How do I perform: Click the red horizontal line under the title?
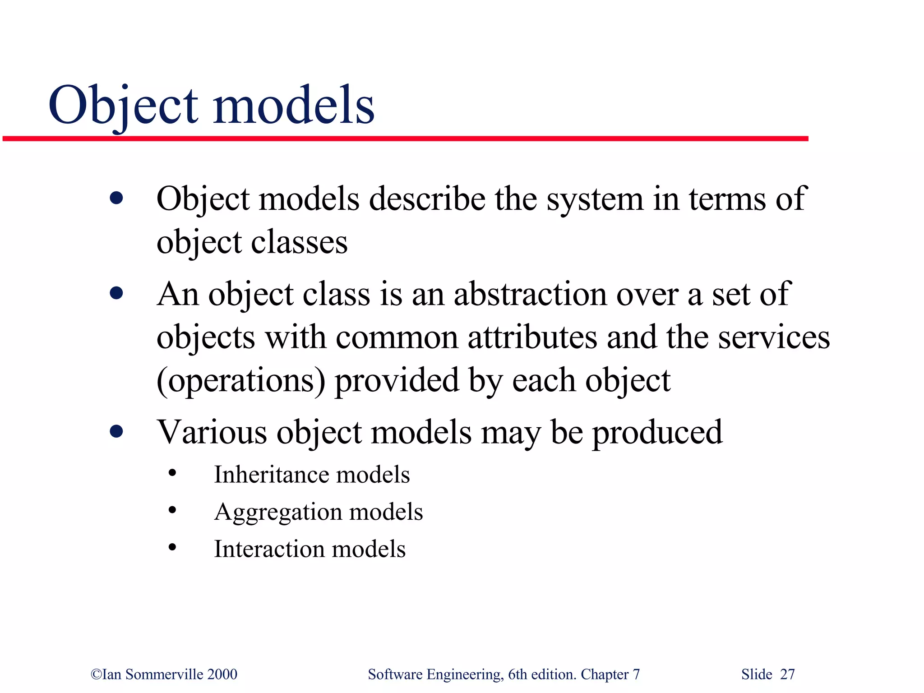(406, 139)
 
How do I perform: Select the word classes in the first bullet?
(299, 242)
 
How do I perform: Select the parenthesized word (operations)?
(240, 381)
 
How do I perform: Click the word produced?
(657, 432)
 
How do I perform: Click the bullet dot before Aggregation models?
(172, 511)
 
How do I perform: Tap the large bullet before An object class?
(116, 294)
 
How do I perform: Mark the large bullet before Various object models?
(116, 431)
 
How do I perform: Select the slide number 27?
(787, 674)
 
